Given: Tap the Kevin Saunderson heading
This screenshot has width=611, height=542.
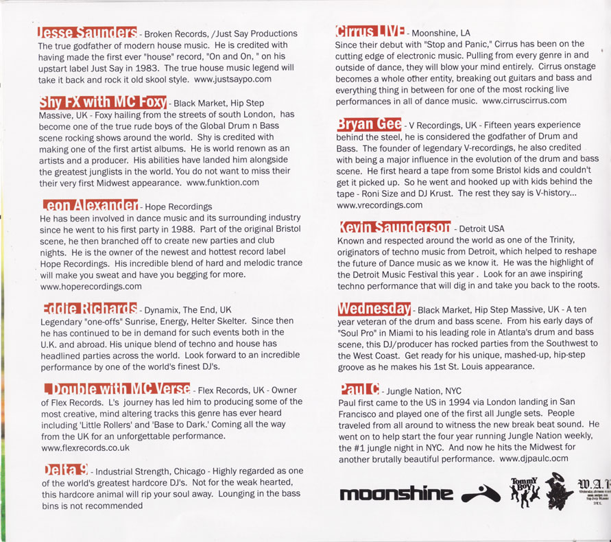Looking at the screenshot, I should tap(394, 227).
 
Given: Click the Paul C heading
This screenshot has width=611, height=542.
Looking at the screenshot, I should tap(359, 389).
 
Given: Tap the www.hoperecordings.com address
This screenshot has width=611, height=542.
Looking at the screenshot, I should tap(91, 286).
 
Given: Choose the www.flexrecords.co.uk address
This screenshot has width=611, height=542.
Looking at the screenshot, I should tap(85, 447).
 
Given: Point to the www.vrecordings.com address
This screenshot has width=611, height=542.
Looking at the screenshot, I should tap(379, 204).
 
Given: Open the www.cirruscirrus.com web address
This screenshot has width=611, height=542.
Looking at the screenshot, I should tap(525, 100).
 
